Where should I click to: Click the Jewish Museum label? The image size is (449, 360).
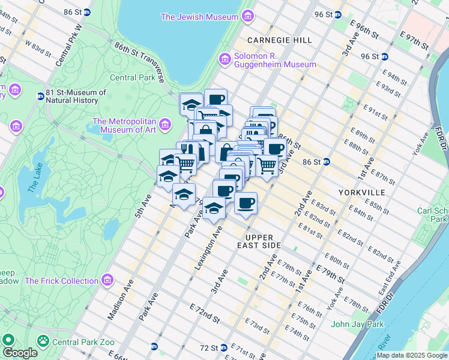click(199, 17)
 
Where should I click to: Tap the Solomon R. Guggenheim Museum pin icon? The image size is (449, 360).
click(226, 59)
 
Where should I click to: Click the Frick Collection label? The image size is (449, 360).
click(61, 281)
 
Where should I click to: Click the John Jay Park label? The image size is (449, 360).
click(357, 325)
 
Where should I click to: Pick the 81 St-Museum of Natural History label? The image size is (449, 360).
click(76, 97)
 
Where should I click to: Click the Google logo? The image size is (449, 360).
click(20, 352)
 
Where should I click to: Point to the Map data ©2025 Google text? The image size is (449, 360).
click(412, 355)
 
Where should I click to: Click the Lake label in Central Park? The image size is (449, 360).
click(35, 179)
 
